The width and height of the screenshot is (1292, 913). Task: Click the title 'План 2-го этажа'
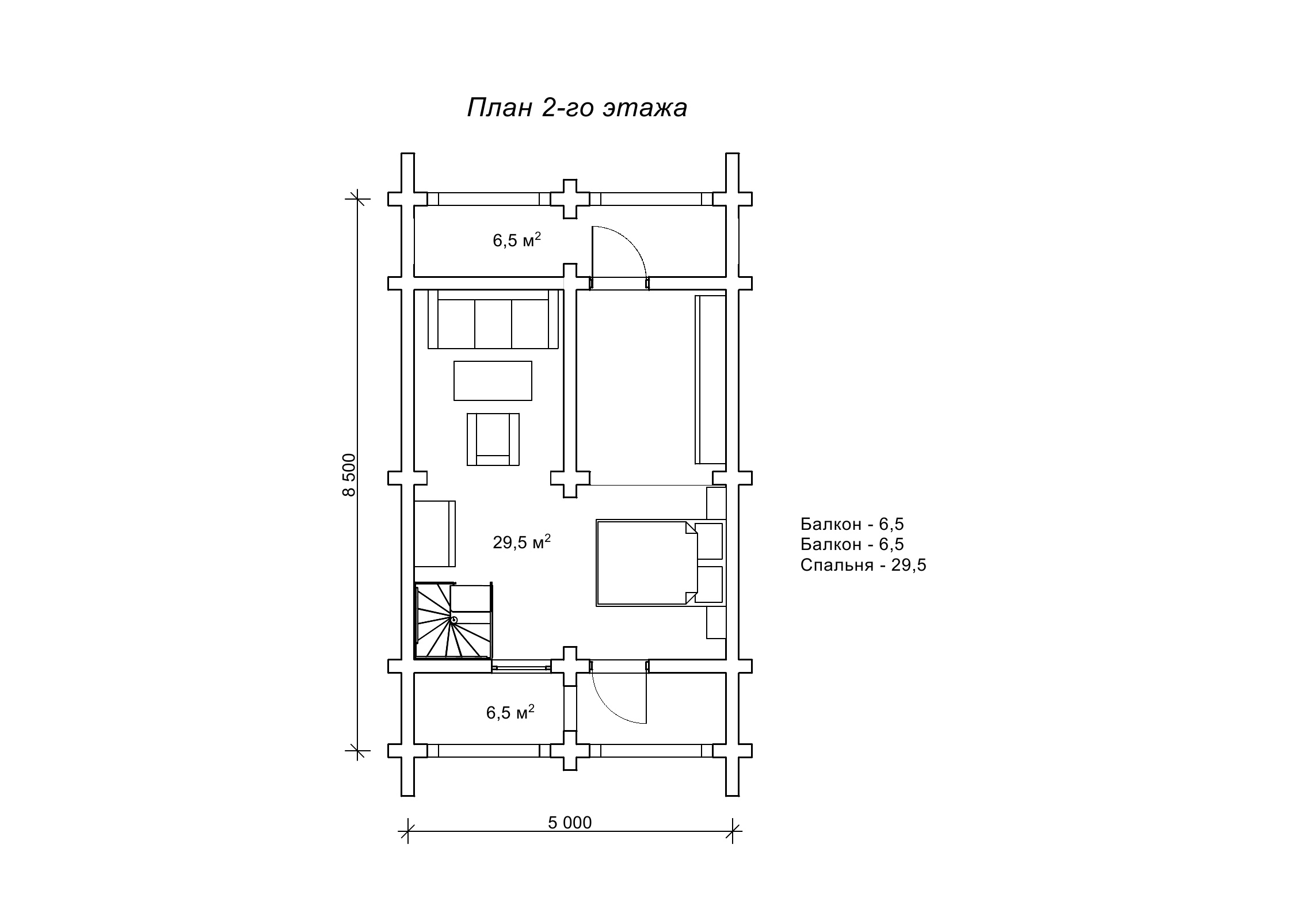[577, 108]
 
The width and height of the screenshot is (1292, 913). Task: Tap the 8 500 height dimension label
[349, 475]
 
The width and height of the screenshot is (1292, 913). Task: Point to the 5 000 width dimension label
[570, 823]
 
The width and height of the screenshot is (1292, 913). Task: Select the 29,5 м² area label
[522, 542]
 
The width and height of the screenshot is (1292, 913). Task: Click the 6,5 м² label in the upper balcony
[517, 240]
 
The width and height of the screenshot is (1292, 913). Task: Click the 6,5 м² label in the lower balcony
[510, 712]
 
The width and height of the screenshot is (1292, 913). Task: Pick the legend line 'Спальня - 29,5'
[863, 566]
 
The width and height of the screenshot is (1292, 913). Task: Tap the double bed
[647, 563]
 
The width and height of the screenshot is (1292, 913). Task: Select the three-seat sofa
[493, 319]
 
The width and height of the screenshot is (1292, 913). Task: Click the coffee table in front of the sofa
[493, 380]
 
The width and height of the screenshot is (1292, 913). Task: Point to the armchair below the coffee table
[493, 439]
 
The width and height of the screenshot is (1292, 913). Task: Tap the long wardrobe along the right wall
[710, 380]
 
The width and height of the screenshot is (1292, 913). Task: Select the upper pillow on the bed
[709, 541]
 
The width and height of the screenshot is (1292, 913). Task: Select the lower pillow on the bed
[709, 584]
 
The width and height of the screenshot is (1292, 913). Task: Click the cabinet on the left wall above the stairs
[435, 533]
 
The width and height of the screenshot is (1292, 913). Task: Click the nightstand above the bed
[716, 503]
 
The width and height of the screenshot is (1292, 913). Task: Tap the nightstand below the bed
[716, 622]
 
